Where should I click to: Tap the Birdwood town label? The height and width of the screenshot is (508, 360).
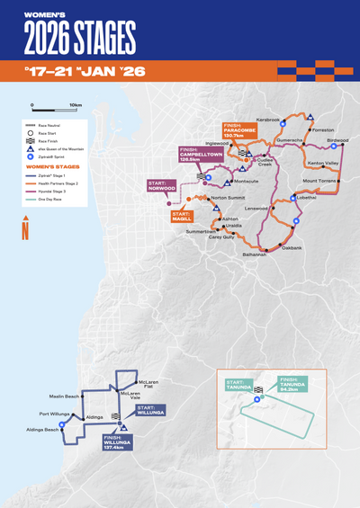pyautogui.click(x=337, y=141)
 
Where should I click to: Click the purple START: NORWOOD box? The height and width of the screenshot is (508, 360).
pyautogui.click(x=163, y=186)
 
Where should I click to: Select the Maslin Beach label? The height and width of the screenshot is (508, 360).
pyautogui.click(x=65, y=396)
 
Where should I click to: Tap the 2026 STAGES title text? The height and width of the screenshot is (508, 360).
pyautogui.click(x=80, y=37)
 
